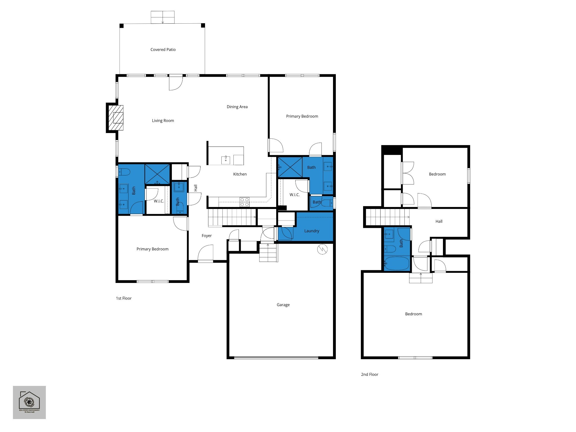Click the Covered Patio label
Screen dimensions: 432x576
(x=163, y=49)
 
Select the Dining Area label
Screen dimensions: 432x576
(x=237, y=107)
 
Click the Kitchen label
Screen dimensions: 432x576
(x=240, y=174)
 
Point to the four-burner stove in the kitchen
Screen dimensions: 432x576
(x=244, y=202)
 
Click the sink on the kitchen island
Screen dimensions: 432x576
(x=226, y=160)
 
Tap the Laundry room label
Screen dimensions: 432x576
(x=312, y=231)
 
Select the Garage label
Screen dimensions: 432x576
(x=283, y=305)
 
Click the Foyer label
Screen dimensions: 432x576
(x=206, y=236)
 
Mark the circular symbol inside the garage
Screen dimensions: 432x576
(x=322, y=249)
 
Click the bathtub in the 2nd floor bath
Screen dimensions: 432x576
(x=397, y=263)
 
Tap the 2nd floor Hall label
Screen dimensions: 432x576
(x=439, y=221)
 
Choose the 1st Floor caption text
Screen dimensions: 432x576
(x=124, y=298)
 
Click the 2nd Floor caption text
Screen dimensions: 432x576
(x=370, y=374)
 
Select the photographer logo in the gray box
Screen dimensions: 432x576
(x=29, y=402)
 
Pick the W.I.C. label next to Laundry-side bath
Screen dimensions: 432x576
(x=294, y=195)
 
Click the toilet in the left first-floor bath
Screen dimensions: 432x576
(x=124, y=172)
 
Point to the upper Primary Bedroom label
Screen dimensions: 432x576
(x=302, y=116)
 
